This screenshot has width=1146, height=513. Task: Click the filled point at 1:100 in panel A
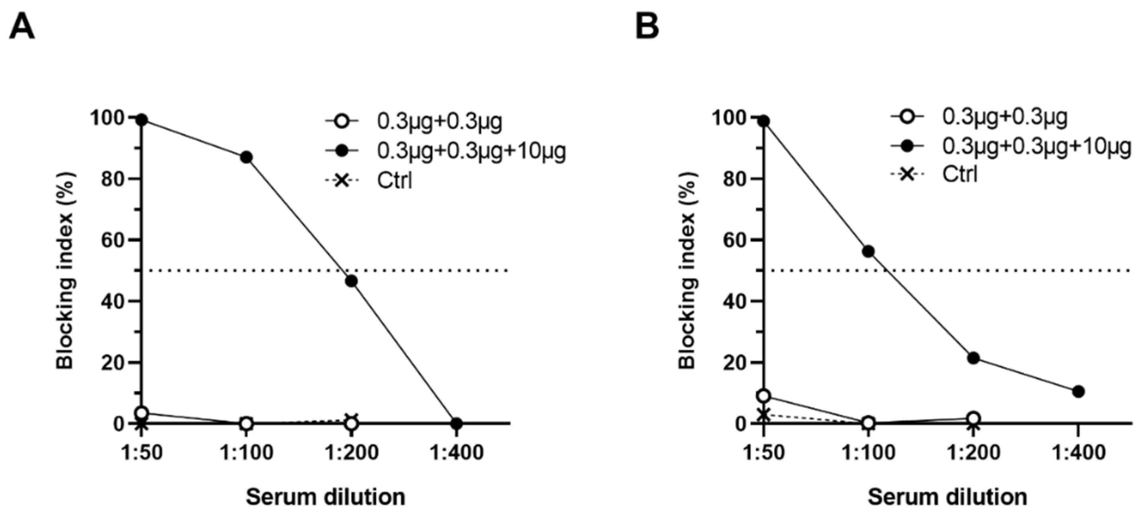pyautogui.click(x=246, y=157)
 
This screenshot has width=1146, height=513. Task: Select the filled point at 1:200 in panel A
pyautogui.click(x=352, y=281)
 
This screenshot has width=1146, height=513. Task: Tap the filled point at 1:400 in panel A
pyautogui.click(x=456, y=423)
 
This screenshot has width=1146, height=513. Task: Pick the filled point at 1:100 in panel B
pyautogui.click(x=868, y=251)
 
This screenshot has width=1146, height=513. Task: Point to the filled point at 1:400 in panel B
pyautogui.click(x=1078, y=392)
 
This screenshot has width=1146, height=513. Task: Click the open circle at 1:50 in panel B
pyautogui.click(x=764, y=396)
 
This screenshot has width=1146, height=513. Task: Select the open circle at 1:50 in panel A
pyautogui.click(x=142, y=413)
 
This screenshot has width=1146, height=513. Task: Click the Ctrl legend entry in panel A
pyautogui.click(x=394, y=181)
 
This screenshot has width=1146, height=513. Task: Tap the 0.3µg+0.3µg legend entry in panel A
pyautogui.click(x=440, y=121)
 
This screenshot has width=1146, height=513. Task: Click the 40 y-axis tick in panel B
pyautogui.click(x=735, y=301)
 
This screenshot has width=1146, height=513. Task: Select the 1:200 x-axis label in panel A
pyautogui.click(x=352, y=453)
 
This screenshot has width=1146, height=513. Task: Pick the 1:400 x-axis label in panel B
pyautogui.click(x=1078, y=453)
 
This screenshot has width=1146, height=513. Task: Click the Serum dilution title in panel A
pyautogui.click(x=326, y=497)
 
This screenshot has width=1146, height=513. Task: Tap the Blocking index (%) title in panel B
pyautogui.click(x=687, y=270)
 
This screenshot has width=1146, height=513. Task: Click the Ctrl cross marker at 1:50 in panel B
pyautogui.click(x=764, y=415)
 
